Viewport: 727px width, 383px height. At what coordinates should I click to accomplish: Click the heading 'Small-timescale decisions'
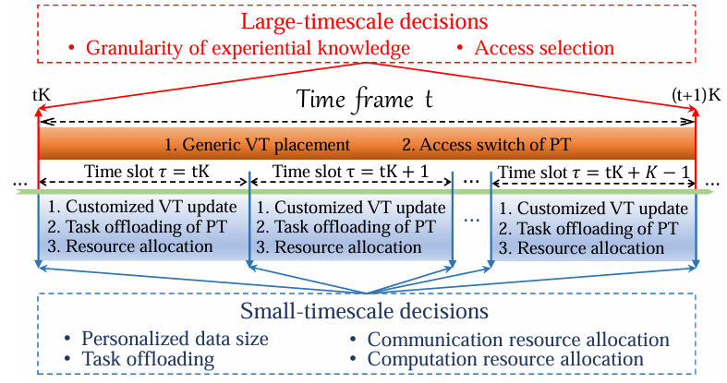[370, 311]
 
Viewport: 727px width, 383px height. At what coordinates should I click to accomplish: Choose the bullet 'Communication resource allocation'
[518, 339]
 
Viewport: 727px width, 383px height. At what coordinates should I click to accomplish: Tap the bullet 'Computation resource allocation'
[505, 358]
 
